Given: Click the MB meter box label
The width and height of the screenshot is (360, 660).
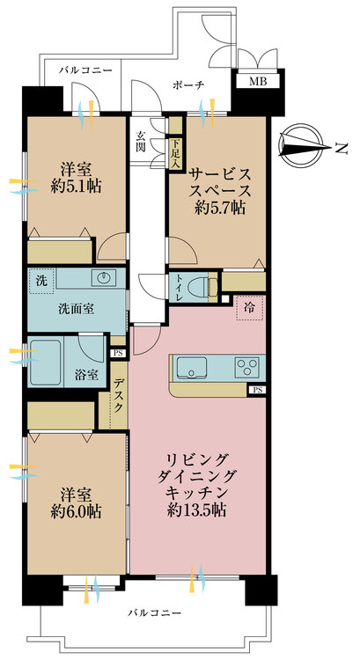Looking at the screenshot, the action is (258, 82).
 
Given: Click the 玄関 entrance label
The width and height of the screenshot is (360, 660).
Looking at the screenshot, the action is (141, 142).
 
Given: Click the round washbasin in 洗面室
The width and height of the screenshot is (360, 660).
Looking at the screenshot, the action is (104, 278).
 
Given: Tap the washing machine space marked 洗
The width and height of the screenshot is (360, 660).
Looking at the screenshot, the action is (41, 281).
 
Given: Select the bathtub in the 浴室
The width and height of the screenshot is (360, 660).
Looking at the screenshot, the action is (46, 363).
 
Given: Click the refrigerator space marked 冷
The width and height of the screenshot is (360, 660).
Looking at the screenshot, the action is (249, 308).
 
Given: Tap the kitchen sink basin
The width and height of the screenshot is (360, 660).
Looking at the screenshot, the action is (192, 368).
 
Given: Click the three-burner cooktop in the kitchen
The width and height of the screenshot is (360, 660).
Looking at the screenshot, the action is (247, 368).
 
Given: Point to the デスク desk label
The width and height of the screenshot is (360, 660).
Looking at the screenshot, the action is (120, 394).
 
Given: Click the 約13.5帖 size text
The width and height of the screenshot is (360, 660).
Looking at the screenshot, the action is (196, 510).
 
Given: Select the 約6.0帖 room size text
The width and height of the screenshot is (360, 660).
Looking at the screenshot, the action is (76, 511).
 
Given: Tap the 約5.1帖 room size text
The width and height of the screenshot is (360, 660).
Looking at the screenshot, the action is (76, 187).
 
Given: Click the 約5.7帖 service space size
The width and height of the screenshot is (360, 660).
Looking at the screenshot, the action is (220, 208).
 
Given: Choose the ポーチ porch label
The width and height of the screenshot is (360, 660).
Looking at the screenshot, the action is (188, 85).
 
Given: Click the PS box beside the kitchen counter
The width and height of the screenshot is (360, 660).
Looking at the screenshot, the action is (257, 390).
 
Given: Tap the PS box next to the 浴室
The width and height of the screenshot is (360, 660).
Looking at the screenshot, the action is (118, 353).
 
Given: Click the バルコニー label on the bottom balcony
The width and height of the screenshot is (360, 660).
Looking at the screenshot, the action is (155, 612).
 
